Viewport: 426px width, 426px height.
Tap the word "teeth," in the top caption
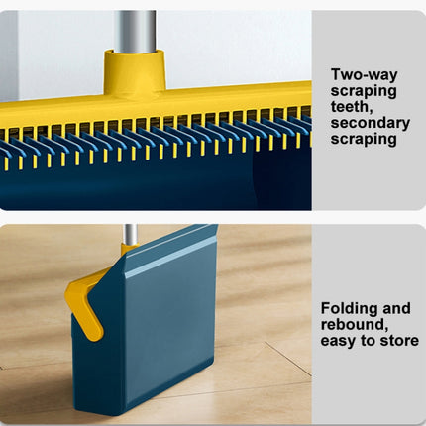pos(353,106)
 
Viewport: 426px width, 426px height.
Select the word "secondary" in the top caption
pos(370,123)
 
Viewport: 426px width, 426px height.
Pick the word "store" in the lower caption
pos(398,341)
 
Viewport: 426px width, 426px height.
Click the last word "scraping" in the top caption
pos(363,139)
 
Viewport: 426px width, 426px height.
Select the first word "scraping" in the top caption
pos(363,90)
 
